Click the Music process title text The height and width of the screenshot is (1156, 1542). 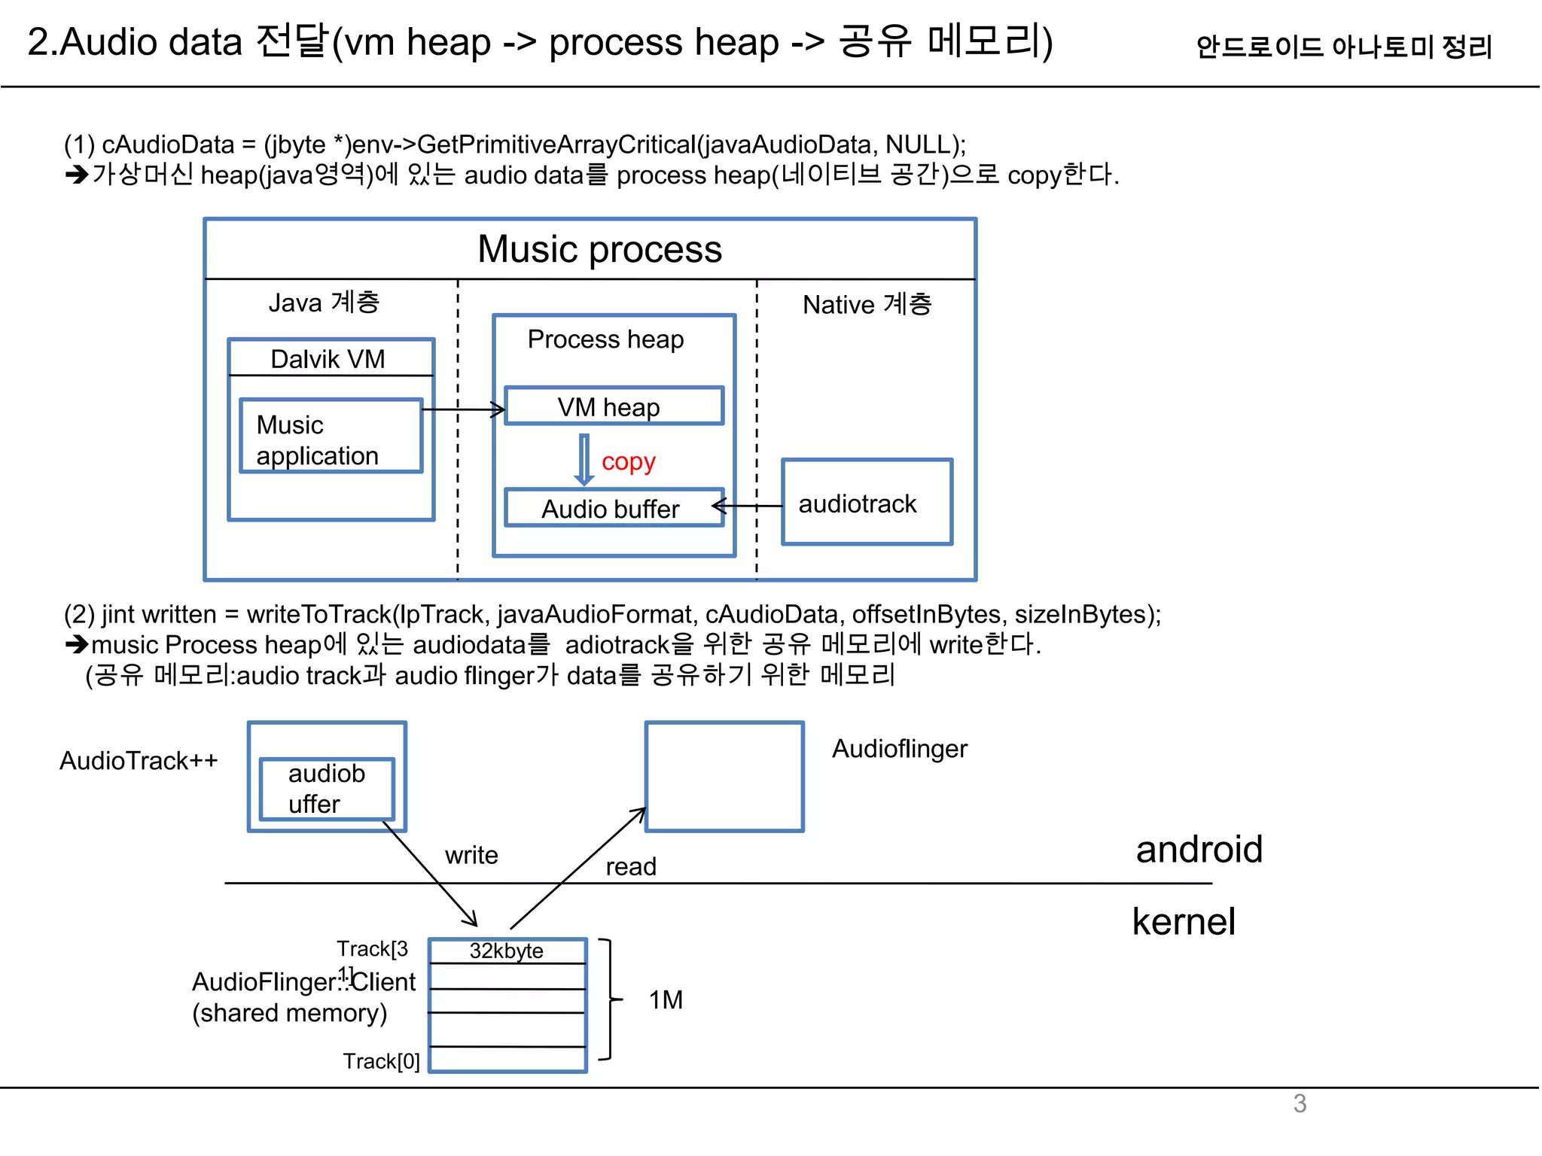pyautogui.click(x=599, y=249)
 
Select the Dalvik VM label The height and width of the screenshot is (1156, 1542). pyautogui.click(x=328, y=359)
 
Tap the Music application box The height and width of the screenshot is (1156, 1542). pyautogui.click(x=331, y=437)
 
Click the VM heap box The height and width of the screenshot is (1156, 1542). pyautogui.click(x=613, y=406)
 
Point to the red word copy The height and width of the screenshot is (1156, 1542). pyautogui.click(x=628, y=461)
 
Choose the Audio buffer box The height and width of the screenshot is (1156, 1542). pyautogui.click(x=613, y=508)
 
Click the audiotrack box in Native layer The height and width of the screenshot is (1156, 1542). pyautogui.click(x=866, y=503)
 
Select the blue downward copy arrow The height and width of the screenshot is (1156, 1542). pyautogui.click(x=584, y=459)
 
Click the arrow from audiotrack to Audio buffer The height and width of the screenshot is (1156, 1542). pyautogui.click(x=747, y=506)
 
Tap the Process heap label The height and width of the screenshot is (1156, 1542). pyautogui.click(x=605, y=339)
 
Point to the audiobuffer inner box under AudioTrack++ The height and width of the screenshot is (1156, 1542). pyautogui.click(x=326, y=789)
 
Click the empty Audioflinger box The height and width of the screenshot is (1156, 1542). pyautogui.click(x=724, y=777)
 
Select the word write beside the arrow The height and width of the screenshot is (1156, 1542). pyautogui.click(x=471, y=855)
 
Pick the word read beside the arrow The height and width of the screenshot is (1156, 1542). pyautogui.click(x=631, y=866)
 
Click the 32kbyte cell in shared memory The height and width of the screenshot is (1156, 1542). pyautogui.click(x=507, y=951)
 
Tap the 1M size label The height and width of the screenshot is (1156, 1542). pyautogui.click(x=666, y=999)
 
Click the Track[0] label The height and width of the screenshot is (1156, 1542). pyautogui.click(x=381, y=1060)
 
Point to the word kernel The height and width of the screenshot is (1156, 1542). pyautogui.click(x=1184, y=921)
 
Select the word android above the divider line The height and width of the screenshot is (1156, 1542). pyautogui.click(x=1199, y=849)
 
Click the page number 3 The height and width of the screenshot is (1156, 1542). pyautogui.click(x=1300, y=1103)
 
